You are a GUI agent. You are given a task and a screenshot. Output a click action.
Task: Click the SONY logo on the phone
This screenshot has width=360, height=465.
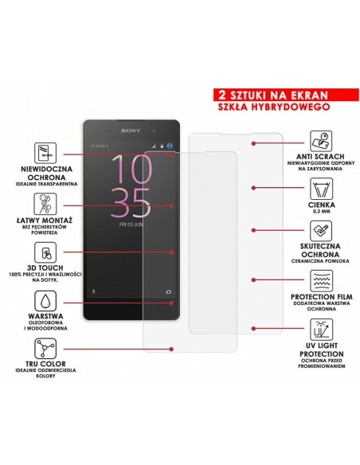(131, 131)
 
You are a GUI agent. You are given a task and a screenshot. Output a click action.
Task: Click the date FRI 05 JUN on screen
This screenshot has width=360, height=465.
(130, 226)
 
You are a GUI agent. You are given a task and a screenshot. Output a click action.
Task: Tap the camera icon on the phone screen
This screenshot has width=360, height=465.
(168, 291)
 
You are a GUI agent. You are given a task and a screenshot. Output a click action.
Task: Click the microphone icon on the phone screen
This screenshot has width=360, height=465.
(92, 291)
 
